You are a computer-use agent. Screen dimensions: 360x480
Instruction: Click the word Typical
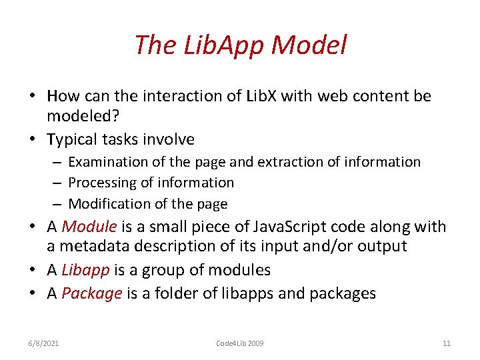tap(73, 139)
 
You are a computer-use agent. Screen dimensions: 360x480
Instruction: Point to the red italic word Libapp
tap(84, 270)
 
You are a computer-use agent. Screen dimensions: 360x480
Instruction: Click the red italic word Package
tap(91, 293)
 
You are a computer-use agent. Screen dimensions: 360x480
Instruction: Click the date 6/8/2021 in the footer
tap(43, 343)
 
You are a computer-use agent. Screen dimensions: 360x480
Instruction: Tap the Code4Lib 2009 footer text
tap(240, 343)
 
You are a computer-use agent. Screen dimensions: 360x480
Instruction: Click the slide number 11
tap(447, 343)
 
